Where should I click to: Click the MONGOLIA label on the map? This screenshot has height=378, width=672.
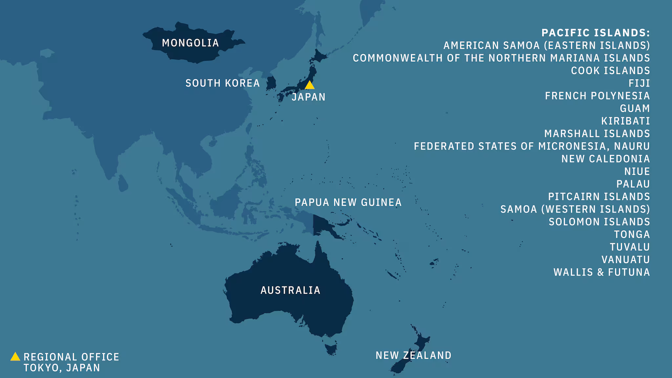click(190, 43)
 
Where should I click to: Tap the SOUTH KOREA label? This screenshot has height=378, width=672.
click(222, 83)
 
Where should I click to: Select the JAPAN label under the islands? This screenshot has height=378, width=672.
click(308, 97)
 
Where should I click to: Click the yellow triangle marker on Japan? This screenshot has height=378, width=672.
click(309, 85)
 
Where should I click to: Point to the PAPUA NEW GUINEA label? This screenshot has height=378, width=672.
click(348, 202)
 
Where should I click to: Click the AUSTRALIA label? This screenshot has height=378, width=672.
click(290, 290)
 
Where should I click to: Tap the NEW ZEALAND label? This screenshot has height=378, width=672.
click(413, 355)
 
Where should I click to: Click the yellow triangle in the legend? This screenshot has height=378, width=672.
click(15, 357)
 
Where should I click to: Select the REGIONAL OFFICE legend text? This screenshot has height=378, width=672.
click(71, 357)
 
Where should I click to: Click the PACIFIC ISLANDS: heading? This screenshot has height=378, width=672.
click(596, 33)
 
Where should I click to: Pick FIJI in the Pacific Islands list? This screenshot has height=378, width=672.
click(639, 83)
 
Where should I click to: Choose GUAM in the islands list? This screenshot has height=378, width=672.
click(635, 109)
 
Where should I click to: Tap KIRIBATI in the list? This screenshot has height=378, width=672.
click(625, 121)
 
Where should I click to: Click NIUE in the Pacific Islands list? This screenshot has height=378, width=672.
click(637, 172)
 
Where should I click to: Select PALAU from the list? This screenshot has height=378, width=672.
click(633, 184)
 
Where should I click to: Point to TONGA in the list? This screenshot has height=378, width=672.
click(632, 235)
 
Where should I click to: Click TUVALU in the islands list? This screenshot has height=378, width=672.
click(630, 247)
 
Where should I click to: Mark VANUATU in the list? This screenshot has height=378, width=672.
click(625, 260)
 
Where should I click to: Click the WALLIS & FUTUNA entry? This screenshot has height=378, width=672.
click(601, 272)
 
